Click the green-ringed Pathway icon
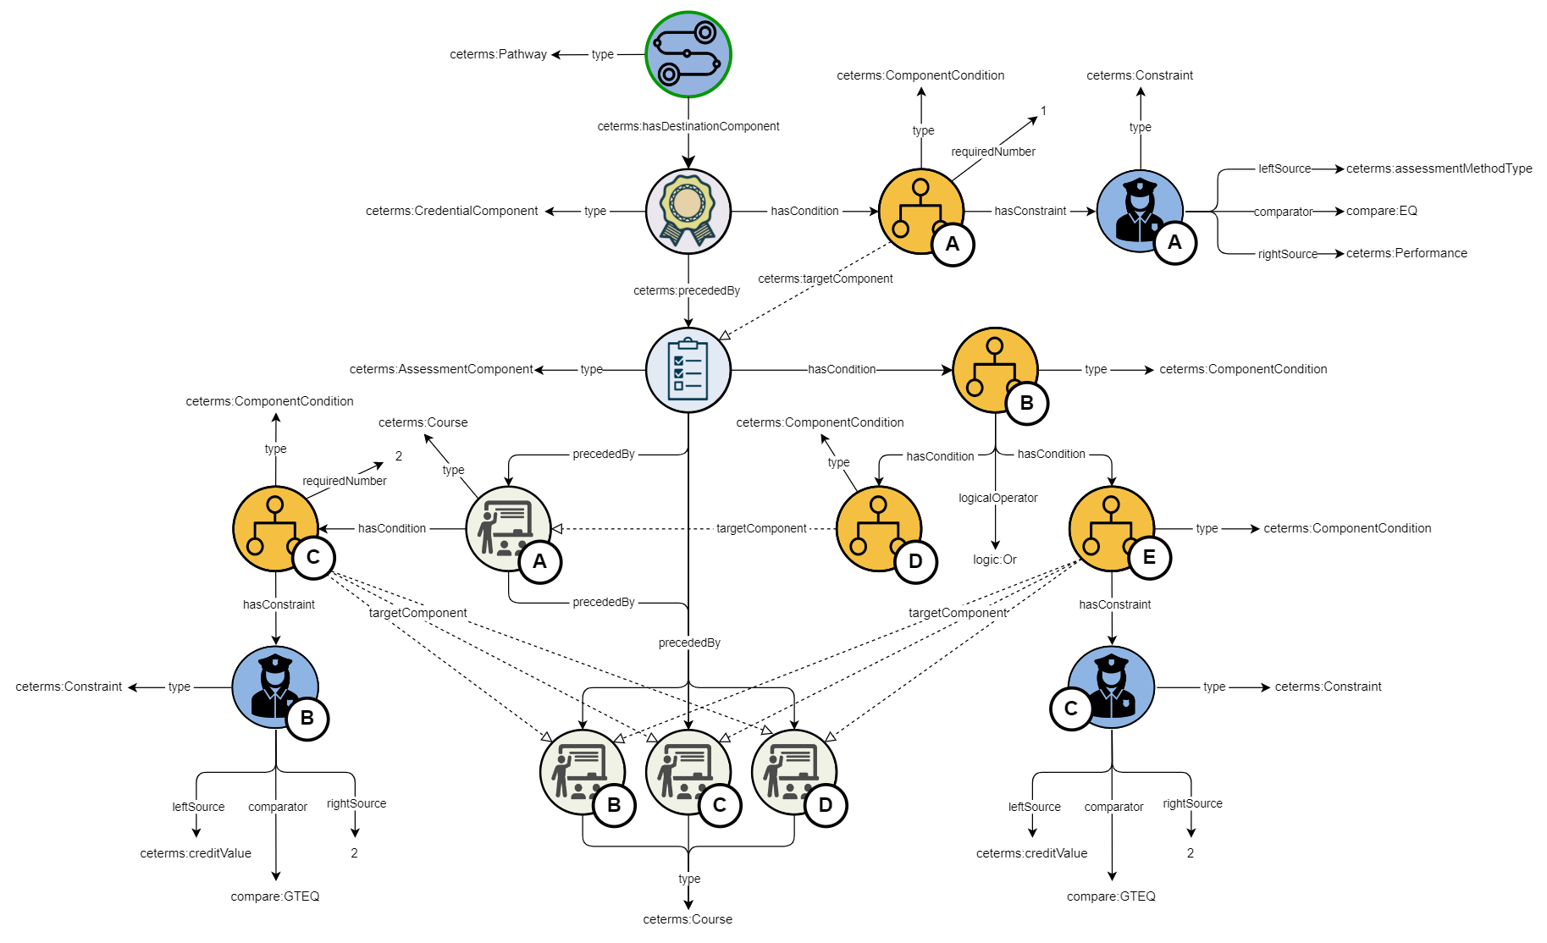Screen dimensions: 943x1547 point(688,54)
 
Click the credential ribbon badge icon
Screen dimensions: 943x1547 point(688,211)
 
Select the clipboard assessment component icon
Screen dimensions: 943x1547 point(688,370)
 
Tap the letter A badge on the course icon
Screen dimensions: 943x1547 point(539,562)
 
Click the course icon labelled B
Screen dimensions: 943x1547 point(583,772)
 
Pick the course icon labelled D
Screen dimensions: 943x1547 point(793,772)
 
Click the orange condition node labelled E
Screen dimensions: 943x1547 point(1111,528)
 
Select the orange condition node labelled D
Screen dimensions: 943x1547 point(878,528)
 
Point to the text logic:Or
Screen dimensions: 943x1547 point(995,560)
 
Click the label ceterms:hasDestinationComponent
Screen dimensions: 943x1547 point(688,126)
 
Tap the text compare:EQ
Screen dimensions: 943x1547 point(1382,211)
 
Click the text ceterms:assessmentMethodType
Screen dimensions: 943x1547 point(1439,168)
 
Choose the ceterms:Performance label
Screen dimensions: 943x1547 point(1406,253)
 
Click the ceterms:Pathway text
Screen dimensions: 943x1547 point(498,54)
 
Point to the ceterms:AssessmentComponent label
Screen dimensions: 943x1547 point(441,369)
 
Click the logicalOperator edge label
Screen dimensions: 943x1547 point(997,498)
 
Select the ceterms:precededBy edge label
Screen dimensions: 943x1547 point(687,290)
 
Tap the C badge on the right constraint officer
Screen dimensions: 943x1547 point(1071,709)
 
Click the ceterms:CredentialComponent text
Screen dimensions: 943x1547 point(451,211)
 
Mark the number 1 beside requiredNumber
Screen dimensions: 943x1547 point(1043,111)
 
